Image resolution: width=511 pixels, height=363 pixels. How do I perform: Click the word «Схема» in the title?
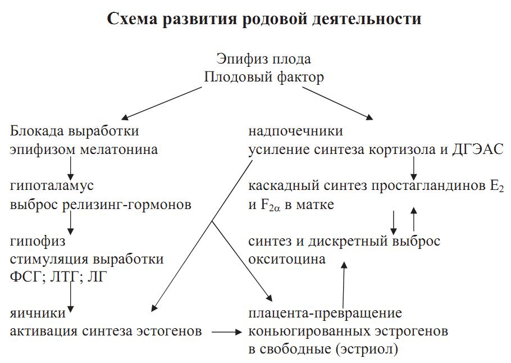pos(133,19)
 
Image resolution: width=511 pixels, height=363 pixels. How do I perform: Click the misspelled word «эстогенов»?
pos(169,331)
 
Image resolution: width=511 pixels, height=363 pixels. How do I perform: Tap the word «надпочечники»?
pos(295,131)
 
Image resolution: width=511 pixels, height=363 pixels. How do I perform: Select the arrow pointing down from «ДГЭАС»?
pos(413,167)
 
